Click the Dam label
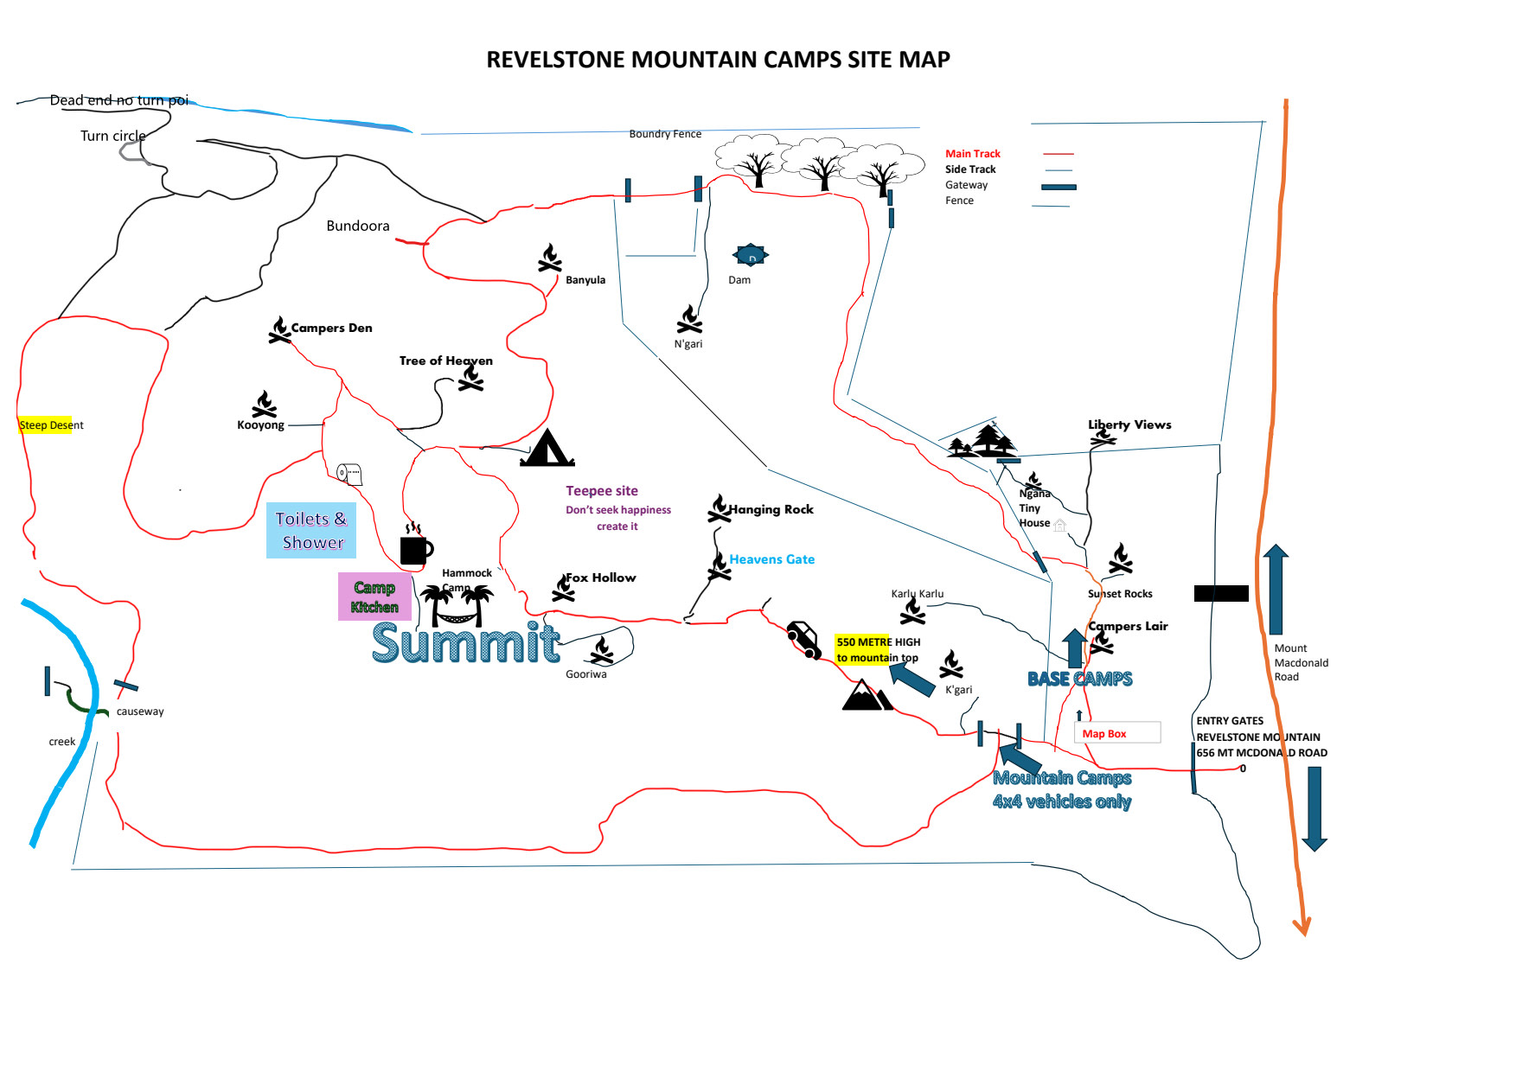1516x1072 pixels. pos(739,279)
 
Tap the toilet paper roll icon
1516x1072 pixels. pos(349,473)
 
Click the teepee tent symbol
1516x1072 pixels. pos(547,449)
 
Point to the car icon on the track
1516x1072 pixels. pos(804,640)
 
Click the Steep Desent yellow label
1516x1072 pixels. pos(51,424)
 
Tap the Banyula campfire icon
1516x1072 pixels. pos(550,258)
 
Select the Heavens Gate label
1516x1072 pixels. pos(771,559)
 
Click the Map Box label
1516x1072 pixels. pos(1104,733)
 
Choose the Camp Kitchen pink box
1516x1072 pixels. pos(374,597)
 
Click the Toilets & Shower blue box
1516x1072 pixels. pos(311,530)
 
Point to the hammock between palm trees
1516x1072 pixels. pos(456,607)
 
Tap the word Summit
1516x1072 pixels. pos(465,643)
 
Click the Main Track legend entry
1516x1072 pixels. pos(972,154)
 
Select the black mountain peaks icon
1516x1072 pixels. pos(866,695)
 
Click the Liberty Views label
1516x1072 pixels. pos(1129,424)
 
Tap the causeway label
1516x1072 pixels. pos(140,711)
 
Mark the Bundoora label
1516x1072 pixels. pos(357,226)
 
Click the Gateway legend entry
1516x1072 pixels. pos(966,185)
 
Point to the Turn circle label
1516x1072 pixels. pos(113,136)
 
